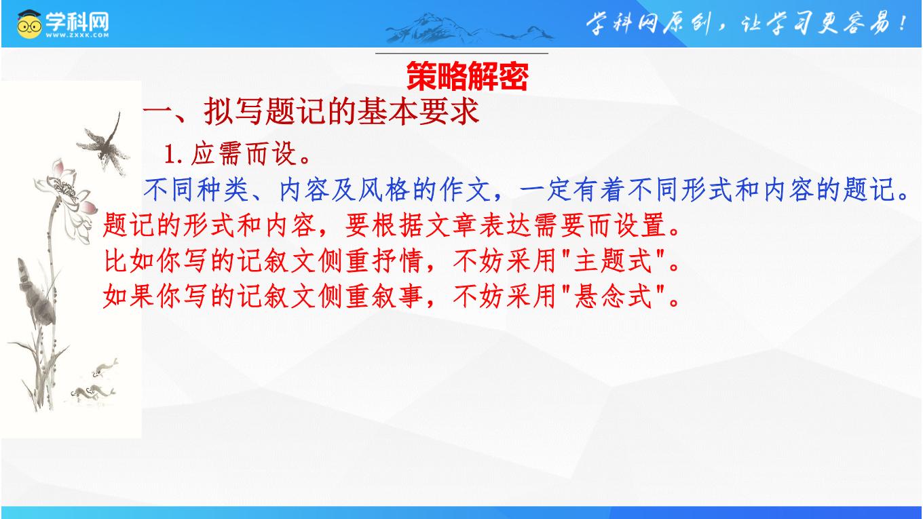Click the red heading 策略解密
[467, 76]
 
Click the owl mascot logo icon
[29, 24]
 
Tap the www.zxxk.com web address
[77, 35]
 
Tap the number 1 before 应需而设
[170, 155]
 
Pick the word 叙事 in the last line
[397, 296]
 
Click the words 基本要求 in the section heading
[418, 111]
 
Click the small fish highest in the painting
[105, 368]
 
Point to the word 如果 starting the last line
[130, 296]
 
